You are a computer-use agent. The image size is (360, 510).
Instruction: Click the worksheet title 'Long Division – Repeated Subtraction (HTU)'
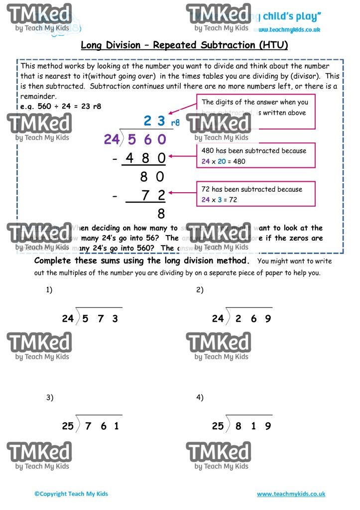pos(184,45)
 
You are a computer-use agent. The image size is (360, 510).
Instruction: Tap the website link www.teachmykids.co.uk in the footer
pos(291,494)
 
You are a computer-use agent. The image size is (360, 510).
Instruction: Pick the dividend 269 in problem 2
pos(253,319)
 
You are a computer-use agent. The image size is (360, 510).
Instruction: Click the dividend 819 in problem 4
pos(253,426)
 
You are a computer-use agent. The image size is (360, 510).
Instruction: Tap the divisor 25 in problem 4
pos(218,426)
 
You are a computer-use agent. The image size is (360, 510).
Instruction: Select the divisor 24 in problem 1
pos(68,319)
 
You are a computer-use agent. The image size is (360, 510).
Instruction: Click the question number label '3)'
pos(49,397)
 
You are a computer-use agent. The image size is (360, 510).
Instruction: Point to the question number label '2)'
pos(200,290)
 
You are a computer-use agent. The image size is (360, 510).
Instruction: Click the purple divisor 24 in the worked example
pos(112,139)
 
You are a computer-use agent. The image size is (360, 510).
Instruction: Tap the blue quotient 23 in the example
pos(154,121)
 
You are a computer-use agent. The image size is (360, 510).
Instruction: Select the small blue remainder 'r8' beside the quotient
pos(175,123)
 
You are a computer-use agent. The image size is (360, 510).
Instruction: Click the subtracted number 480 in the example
pos(145,158)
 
